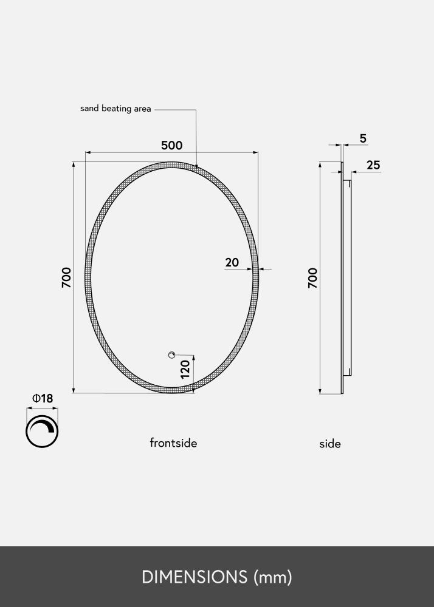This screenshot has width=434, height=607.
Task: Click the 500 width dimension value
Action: (171, 146)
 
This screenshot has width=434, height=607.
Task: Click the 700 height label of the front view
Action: (66, 277)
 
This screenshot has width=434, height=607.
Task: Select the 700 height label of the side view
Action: (312, 277)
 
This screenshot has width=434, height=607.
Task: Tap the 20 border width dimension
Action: (232, 262)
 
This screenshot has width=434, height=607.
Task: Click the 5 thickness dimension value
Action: (363, 138)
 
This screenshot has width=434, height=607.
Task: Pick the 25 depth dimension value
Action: (373, 165)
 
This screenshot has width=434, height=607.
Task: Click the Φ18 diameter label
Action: (43, 398)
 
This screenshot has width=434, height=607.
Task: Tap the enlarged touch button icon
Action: (43, 432)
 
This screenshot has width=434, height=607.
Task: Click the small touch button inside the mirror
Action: (171, 355)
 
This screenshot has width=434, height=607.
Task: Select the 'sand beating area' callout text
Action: (115, 109)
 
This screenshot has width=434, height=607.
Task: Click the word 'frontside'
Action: (173, 443)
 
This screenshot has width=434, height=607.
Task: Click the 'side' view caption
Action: (330, 444)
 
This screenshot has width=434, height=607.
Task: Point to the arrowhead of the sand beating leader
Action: (197, 164)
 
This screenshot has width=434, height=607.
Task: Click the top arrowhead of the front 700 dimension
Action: (74, 164)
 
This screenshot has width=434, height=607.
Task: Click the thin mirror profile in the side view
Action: (342, 277)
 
